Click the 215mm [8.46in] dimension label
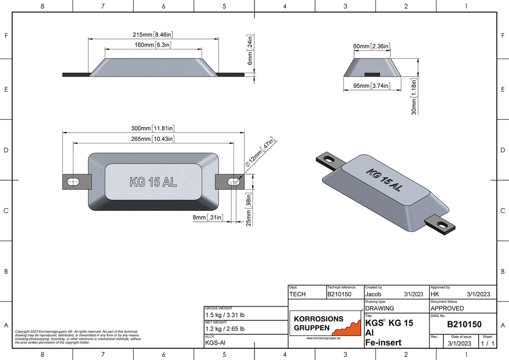point(153,34)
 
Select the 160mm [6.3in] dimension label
point(153,45)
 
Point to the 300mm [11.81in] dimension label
point(153,128)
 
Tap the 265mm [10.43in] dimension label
point(153,139)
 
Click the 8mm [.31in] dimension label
point(208,218)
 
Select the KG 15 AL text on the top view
point(153,182)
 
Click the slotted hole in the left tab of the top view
point(74,182)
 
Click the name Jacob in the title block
point(373,294)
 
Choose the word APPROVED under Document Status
point(447,308)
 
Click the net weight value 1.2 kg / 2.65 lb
point(225,329)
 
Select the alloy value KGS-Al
point(214,342)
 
